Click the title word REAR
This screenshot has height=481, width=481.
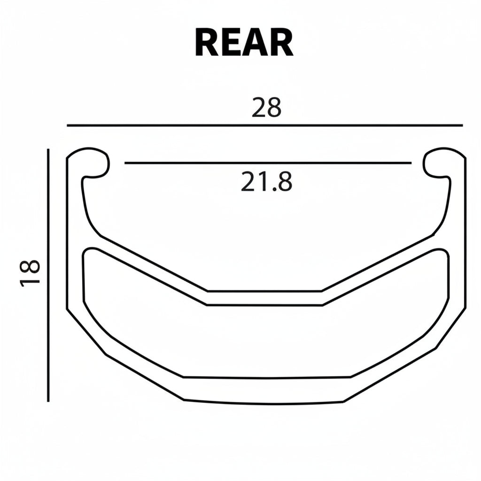244,43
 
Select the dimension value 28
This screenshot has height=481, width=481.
266,108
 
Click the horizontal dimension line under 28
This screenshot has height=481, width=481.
264,126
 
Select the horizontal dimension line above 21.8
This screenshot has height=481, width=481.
268,163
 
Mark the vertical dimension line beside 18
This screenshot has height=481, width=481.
48,275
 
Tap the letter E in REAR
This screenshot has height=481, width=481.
230,43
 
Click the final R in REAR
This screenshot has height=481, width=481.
280,43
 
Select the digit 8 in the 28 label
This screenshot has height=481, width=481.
274,108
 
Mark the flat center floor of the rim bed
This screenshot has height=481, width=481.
264,298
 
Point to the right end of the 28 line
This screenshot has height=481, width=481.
462,126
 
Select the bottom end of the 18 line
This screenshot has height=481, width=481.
48,401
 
